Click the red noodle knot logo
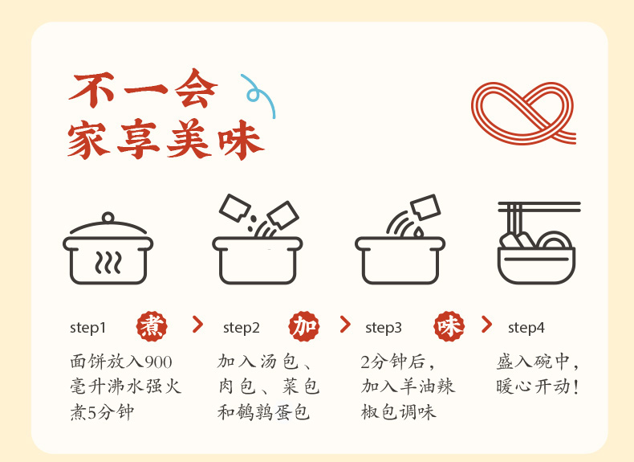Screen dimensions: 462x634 523,112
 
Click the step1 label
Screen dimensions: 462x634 87,327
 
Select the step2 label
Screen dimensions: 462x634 242,327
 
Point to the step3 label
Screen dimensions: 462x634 384,327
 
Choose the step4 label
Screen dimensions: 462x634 526,327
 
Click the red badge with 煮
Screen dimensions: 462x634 152,325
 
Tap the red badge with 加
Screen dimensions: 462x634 305,325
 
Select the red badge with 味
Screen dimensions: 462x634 449,325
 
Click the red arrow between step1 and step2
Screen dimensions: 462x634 197,325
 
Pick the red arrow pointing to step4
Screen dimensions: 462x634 486,325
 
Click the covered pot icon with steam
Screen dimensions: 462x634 108,249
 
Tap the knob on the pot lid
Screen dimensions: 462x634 108,216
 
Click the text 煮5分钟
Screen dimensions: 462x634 102,412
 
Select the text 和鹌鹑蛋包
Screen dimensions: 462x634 264,412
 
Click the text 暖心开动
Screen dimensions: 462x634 537,386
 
